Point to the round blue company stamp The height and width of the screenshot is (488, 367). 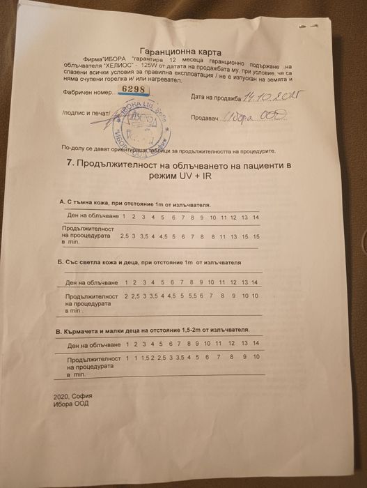point(143,123)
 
